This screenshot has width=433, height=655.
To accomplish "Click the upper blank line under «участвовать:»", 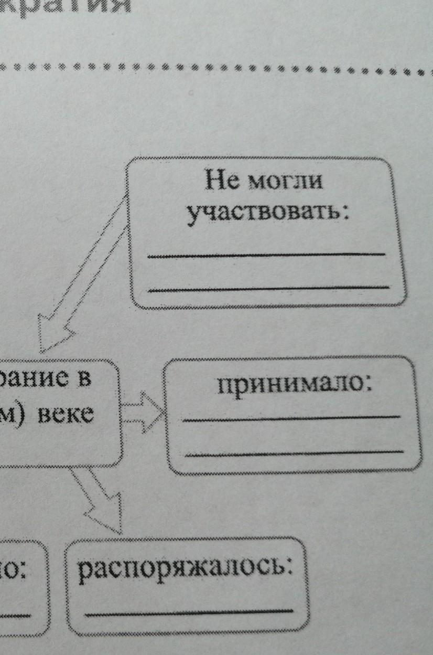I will click(266, 255).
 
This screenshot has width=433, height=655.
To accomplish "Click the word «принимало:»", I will click(293, 387).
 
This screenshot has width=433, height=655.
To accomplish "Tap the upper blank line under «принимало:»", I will click(291, 418).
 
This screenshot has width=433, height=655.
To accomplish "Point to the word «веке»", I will click(66, 415).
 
